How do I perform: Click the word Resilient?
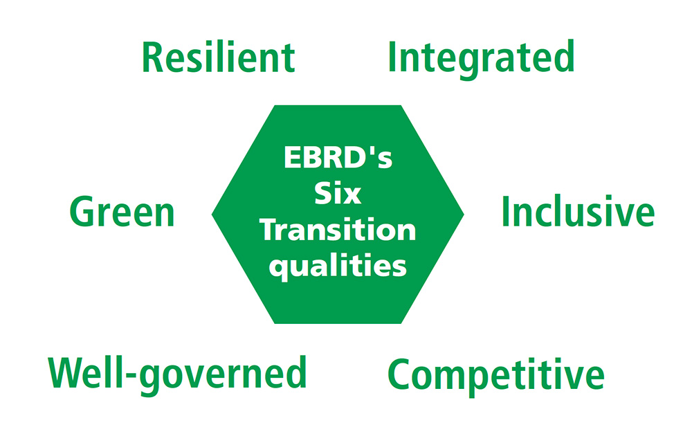219,57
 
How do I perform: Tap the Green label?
122,212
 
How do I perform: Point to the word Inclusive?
578,211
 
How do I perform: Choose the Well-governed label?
177,375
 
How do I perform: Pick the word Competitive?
496,376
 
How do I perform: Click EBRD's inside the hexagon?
338,157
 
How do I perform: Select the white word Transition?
338,230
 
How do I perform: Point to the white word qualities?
338,266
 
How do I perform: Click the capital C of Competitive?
399,374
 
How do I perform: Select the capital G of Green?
82,212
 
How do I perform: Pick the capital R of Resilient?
153,58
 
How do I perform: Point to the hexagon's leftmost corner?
212,215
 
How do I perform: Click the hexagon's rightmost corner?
464,215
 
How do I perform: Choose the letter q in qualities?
278,270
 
